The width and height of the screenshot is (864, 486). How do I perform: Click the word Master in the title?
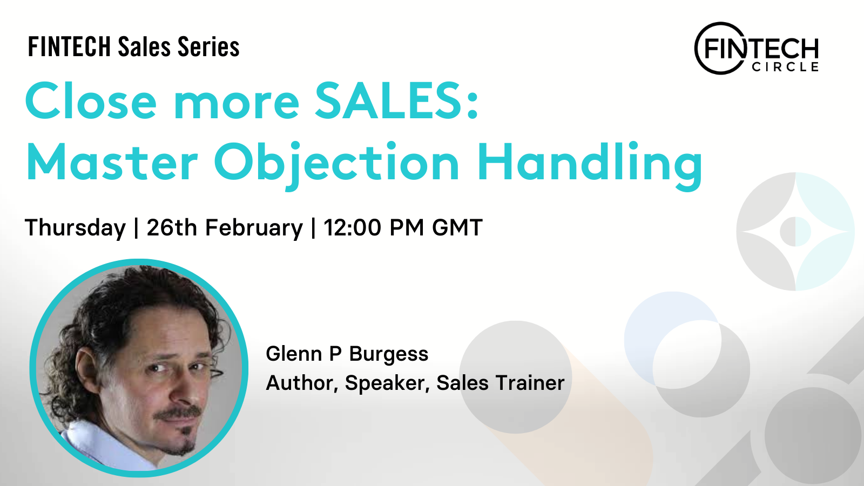coord(112,162)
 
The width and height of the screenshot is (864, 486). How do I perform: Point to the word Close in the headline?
coord(91,101)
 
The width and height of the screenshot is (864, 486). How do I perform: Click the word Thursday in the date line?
coord(75,227)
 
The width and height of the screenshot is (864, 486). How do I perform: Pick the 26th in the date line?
coord(172,227)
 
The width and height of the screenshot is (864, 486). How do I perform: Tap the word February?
coord(254,227)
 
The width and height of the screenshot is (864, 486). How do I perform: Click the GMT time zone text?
coord(457,227)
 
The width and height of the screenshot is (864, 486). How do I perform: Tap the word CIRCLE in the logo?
coord(785,67)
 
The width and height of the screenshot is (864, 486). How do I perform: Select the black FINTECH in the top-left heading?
coord(70,47)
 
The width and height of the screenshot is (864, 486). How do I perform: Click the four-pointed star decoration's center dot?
coord(795,232)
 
